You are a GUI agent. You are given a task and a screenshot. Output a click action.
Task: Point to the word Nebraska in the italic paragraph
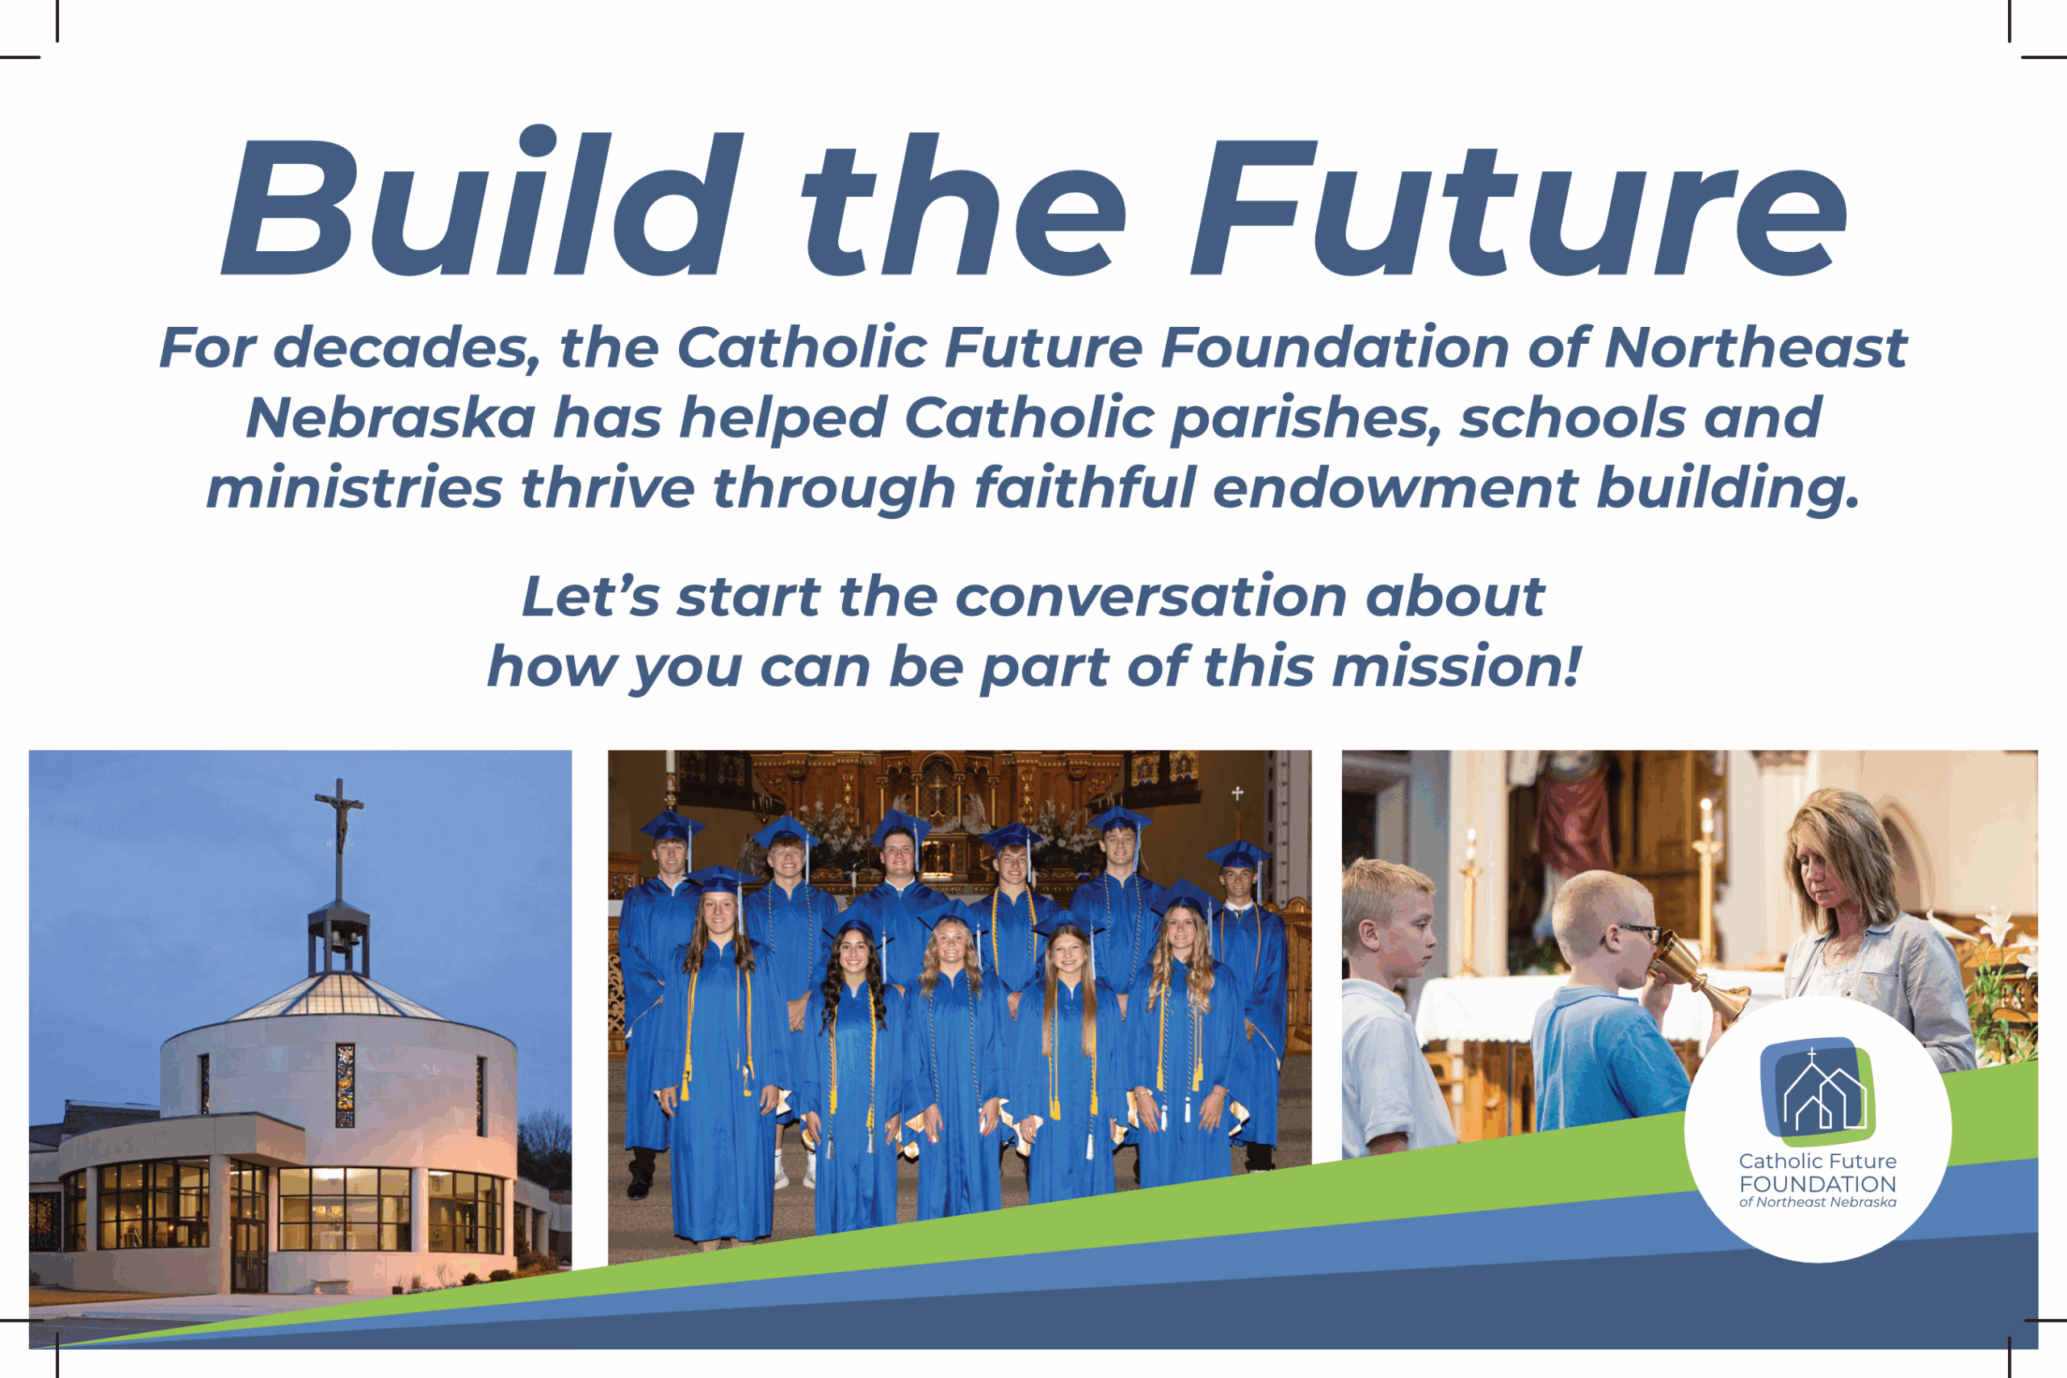(390, 417)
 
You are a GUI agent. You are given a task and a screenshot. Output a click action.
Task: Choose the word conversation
(1151, 597)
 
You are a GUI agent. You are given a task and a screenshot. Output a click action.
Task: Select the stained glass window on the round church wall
(346, 1084)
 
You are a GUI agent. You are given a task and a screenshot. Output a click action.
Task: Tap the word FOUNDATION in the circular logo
(1818, 1183)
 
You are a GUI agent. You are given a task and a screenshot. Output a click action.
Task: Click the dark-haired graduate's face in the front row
(855, 959)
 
